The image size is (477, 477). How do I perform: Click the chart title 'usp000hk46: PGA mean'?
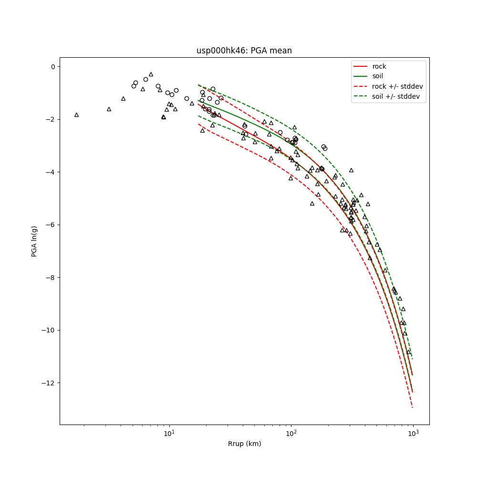coord(244,51)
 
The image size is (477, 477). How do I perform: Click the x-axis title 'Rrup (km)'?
coord(244,444)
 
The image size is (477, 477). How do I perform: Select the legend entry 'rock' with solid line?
coord(379,66)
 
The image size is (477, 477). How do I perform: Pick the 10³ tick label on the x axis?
coord(413,434)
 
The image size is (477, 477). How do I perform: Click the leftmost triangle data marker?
coord(76,115)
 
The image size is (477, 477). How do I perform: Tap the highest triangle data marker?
coord(151,74)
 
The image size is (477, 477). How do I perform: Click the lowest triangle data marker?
coord(408,352)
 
